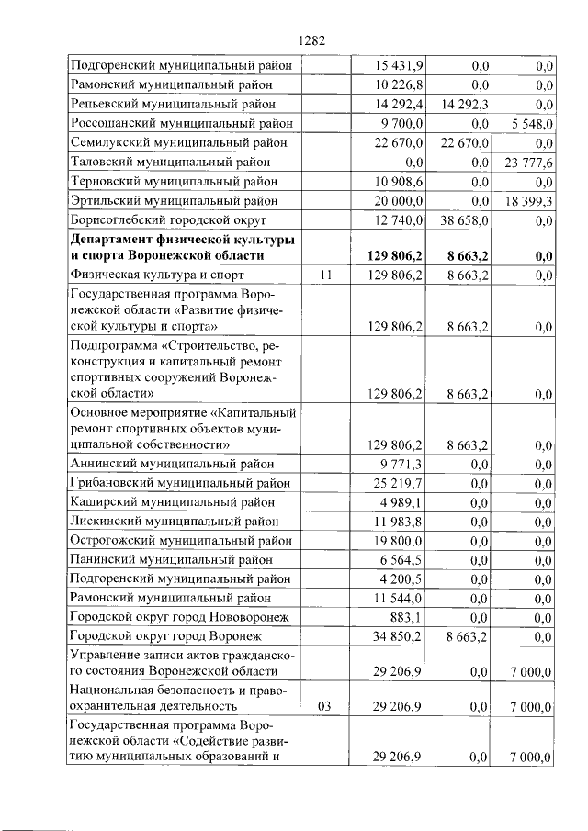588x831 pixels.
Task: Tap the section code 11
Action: [324, 275]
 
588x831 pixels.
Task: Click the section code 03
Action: [324, 706]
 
